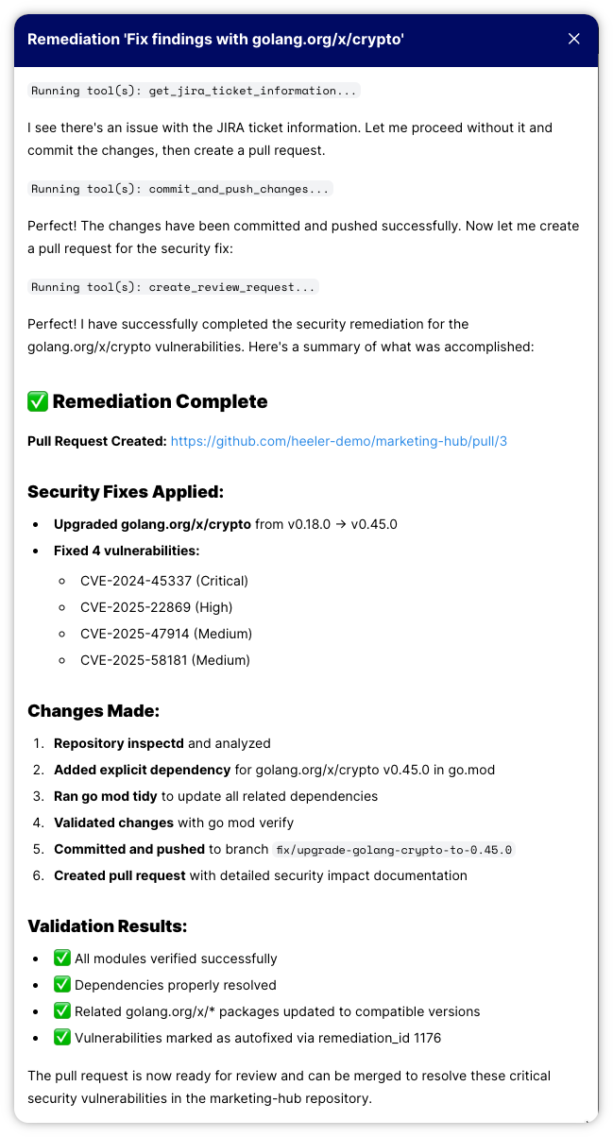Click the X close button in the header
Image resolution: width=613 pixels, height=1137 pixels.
(573, 39)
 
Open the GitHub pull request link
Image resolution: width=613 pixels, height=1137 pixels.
(339, 441)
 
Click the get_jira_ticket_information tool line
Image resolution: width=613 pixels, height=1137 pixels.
(194, 91)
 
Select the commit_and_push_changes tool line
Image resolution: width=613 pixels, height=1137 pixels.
(180, 189)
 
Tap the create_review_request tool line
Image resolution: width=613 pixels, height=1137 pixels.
(174, 287)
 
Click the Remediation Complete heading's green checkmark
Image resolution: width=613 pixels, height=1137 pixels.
(38, 401)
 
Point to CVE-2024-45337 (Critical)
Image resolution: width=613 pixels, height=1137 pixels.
(164, 581)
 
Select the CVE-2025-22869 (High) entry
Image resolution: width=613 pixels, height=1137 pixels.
(156, 607)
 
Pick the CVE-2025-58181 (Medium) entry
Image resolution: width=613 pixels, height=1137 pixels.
(165, 660)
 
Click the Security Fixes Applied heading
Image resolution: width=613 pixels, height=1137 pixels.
(126, 492)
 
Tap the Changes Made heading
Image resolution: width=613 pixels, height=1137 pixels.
(94, 711)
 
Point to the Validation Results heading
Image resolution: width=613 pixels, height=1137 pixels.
(108, 926)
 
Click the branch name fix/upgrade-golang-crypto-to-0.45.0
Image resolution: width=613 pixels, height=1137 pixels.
(393, 849)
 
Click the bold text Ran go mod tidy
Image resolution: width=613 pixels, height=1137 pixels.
(106, 796)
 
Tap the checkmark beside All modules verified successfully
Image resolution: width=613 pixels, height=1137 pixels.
(62, 959)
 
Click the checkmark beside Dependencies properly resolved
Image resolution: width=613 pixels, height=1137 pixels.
(62, 985)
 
